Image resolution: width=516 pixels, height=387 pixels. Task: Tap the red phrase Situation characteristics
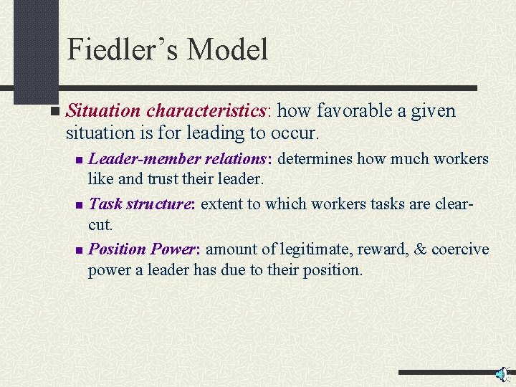click(x=166, y=111)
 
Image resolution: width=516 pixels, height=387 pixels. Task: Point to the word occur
click(x=295, y=133)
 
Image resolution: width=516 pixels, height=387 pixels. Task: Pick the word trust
click(x=158, y=178)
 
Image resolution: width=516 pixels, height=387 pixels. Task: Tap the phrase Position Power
click(x=146, y=249)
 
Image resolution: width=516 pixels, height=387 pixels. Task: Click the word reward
click(x=380, y=249)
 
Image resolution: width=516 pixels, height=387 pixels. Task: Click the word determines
click(x=316, y=158)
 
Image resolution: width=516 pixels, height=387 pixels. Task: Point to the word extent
click(x=221, y=204)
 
